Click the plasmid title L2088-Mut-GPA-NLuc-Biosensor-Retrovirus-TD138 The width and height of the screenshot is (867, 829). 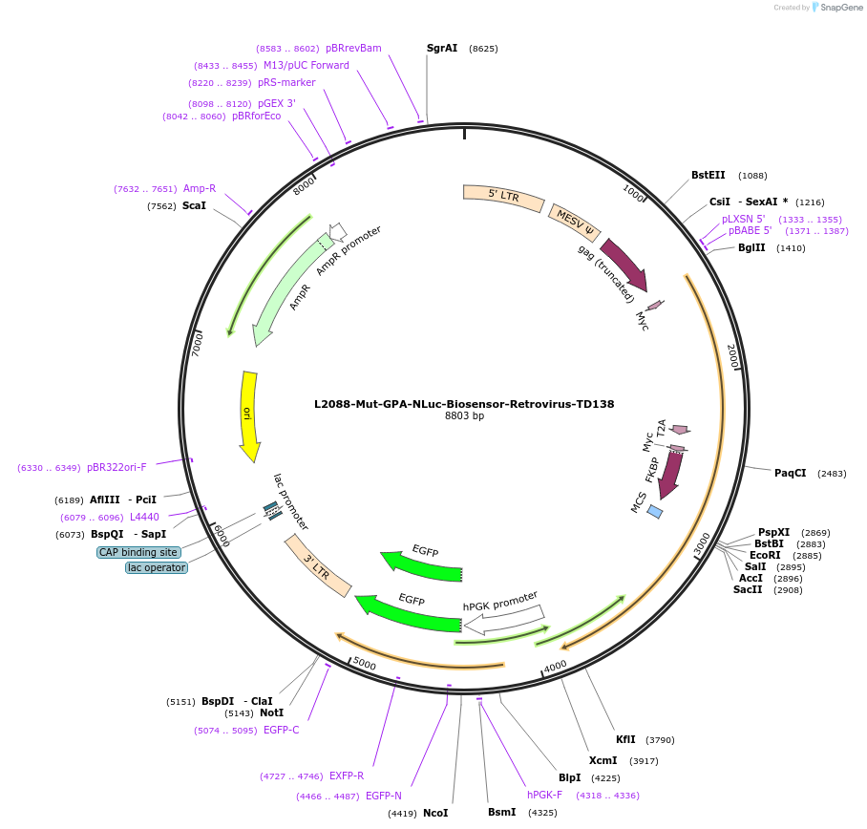[464, 404]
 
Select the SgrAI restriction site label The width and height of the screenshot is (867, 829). [442, 48]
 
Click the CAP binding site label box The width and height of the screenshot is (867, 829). [138, 552]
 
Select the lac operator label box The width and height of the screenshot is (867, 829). [157, 567]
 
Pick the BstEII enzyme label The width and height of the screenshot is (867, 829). [708, 175]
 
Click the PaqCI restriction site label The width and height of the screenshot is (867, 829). [790, 473]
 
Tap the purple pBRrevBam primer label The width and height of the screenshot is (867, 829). [353, 48]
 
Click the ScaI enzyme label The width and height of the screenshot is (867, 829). [194, 205]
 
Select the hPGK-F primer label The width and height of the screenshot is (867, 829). [544, 795]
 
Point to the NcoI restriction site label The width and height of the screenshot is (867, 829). [435, 813]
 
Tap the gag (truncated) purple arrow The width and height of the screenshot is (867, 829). [624, 265]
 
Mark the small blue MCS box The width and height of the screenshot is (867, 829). [655, 512]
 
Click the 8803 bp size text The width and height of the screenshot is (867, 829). [464, 416]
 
